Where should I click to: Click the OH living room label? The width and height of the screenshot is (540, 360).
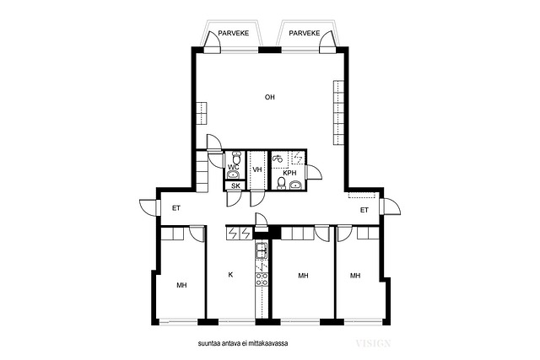click(270, 98)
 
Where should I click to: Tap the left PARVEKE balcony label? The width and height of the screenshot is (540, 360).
click(234, 34)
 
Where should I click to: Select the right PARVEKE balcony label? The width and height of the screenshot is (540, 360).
click(305, 34)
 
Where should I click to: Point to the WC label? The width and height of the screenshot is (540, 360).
click(233, 167)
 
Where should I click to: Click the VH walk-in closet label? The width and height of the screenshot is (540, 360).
click(257, 169)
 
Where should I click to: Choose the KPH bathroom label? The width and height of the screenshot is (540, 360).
click(289, 173)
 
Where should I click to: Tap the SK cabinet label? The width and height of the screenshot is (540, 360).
click(235, 186)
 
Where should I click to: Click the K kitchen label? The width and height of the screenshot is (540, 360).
click(230, 275)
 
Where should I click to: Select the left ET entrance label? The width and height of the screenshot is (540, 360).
click(176, 208)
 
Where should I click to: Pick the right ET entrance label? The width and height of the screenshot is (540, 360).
click(364, 210)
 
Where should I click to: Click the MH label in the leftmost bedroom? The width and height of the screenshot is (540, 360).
click(181, 285)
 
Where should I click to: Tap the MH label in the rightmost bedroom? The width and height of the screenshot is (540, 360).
click(355, 276)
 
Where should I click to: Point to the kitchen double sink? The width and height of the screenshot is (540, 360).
click(262, 250)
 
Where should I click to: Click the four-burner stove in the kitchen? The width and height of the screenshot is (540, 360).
click(262, 279)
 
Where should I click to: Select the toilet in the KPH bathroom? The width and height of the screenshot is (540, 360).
click(281, 184)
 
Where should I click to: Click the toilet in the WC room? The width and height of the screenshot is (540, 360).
click(236, 158)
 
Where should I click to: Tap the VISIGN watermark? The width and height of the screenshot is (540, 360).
click(373, 343)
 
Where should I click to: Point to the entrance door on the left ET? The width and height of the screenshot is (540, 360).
click(149, 207)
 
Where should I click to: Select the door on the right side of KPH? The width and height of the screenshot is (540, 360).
click(314, 172)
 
